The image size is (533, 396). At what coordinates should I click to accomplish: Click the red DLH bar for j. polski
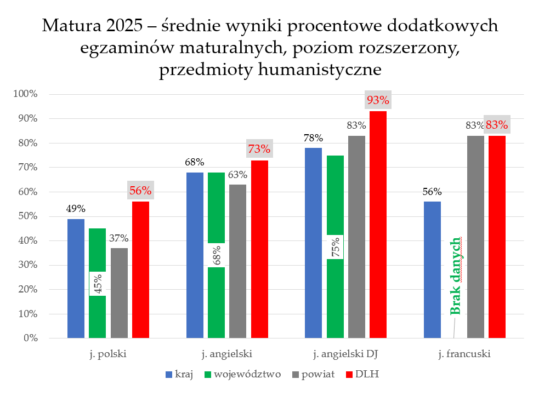click(140, 269)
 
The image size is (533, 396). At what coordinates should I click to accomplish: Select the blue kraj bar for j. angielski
click(195, 255)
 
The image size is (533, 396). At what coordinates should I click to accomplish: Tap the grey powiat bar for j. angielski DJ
click(356, 237)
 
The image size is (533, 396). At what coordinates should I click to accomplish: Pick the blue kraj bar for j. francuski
click(432, 269)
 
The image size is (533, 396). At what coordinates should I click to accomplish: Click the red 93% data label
click(378, 100)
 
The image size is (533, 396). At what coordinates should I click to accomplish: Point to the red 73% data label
click(259, 149)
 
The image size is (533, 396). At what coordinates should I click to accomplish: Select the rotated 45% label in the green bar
click(98, 283)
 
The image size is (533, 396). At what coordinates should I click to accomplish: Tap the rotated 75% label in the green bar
click(335, 248)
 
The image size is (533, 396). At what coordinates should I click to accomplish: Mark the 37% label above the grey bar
click(118, 238)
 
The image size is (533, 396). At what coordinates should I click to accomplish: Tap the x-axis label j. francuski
click(465, 354)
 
